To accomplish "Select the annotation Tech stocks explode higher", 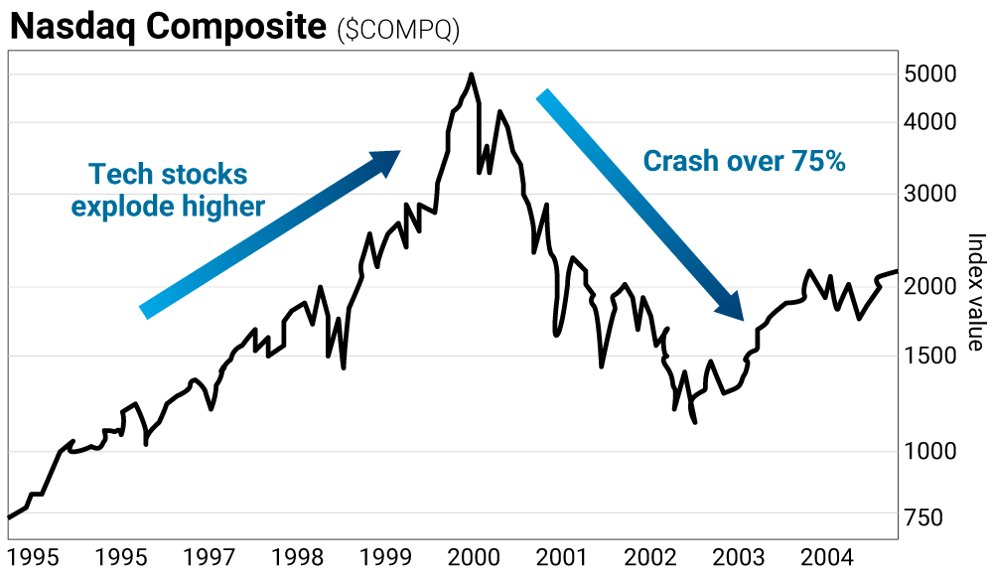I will tap(168, 190).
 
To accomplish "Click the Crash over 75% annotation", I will tap(744, 161).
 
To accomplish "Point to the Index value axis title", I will tap(976, 291).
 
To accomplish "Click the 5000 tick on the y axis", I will tap(930, 74).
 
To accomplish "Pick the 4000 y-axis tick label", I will tap(930, 122).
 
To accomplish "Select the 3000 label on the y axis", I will tap(930, 194).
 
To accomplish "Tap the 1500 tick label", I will tap(930, 356).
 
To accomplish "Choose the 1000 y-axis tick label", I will tap(930, 452).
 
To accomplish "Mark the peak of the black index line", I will tap(471, 74).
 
